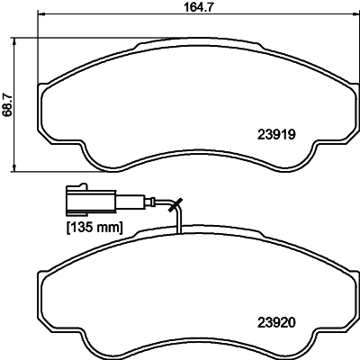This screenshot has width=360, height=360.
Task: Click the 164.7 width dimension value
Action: [x=184, y=8]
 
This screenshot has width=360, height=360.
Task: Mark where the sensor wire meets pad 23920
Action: [x=181, y=232]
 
